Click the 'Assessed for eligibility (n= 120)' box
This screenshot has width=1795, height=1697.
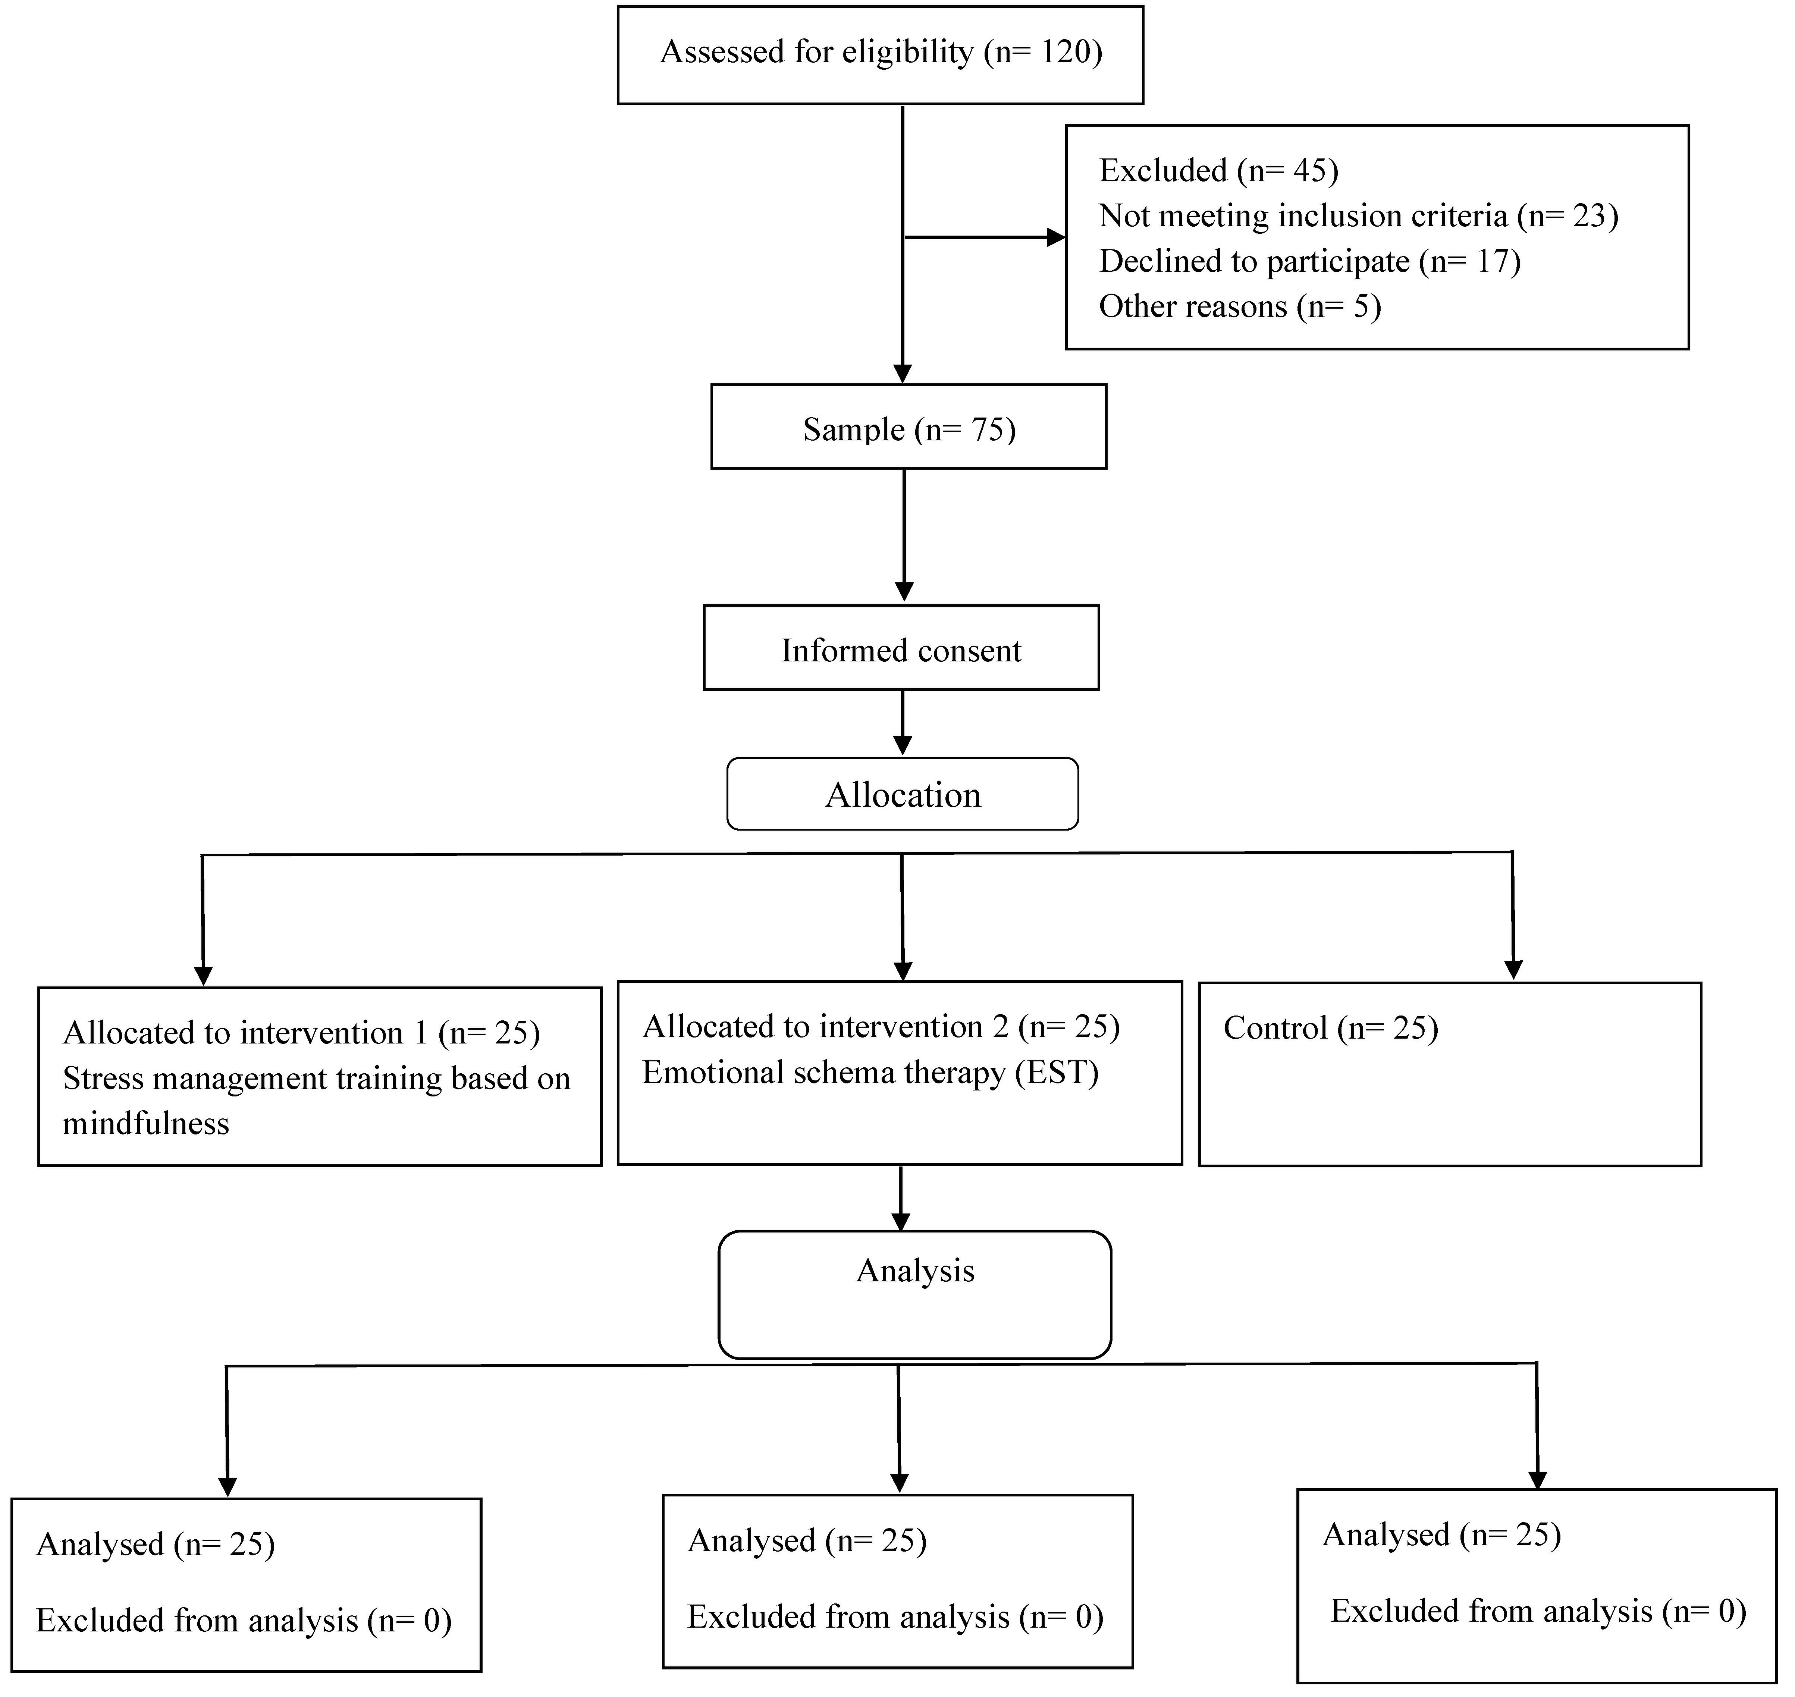[880, 55]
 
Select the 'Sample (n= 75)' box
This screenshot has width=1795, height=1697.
[909, 427]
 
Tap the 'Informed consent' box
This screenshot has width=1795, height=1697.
[901, 648]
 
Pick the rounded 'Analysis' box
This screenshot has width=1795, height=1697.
[915, 1294]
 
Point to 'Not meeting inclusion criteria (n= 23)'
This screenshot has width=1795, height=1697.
[1358, 215]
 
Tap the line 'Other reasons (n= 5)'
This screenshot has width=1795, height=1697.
[1239, 306]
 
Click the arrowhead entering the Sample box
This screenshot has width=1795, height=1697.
[903, 373]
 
